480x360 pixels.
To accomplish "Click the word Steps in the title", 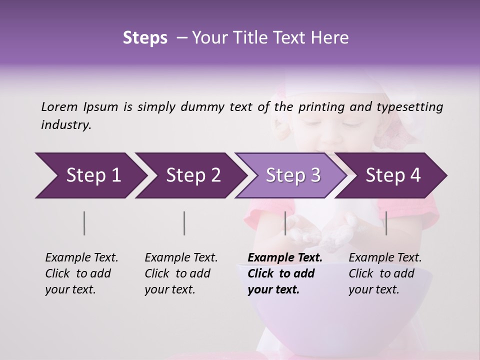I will (x=145, y=38).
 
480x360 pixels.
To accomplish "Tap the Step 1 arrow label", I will (x=93, y=175).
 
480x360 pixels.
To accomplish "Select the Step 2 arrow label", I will (x=193, y=175).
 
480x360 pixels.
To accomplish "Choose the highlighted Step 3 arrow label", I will (x=293, y=175).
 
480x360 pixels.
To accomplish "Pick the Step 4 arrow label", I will (x=393, y=175).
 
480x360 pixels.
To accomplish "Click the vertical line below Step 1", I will (x=84, y=223).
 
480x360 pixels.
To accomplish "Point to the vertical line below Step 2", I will (x=184, y=223).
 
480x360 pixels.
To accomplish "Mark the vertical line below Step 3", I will (x=285, y=223).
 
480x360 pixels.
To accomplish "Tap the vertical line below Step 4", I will (x=386, y=223).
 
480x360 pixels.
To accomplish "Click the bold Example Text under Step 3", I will (x=285, y=258).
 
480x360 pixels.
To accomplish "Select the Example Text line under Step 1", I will (x=81, y=258).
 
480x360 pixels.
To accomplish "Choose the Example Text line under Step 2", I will (x=181, y=258).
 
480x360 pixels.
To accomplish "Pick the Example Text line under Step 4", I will (x=385, y=258).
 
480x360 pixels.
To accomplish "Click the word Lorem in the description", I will (x=59, y=107).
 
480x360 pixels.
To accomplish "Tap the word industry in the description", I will (x=66, y=125).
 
